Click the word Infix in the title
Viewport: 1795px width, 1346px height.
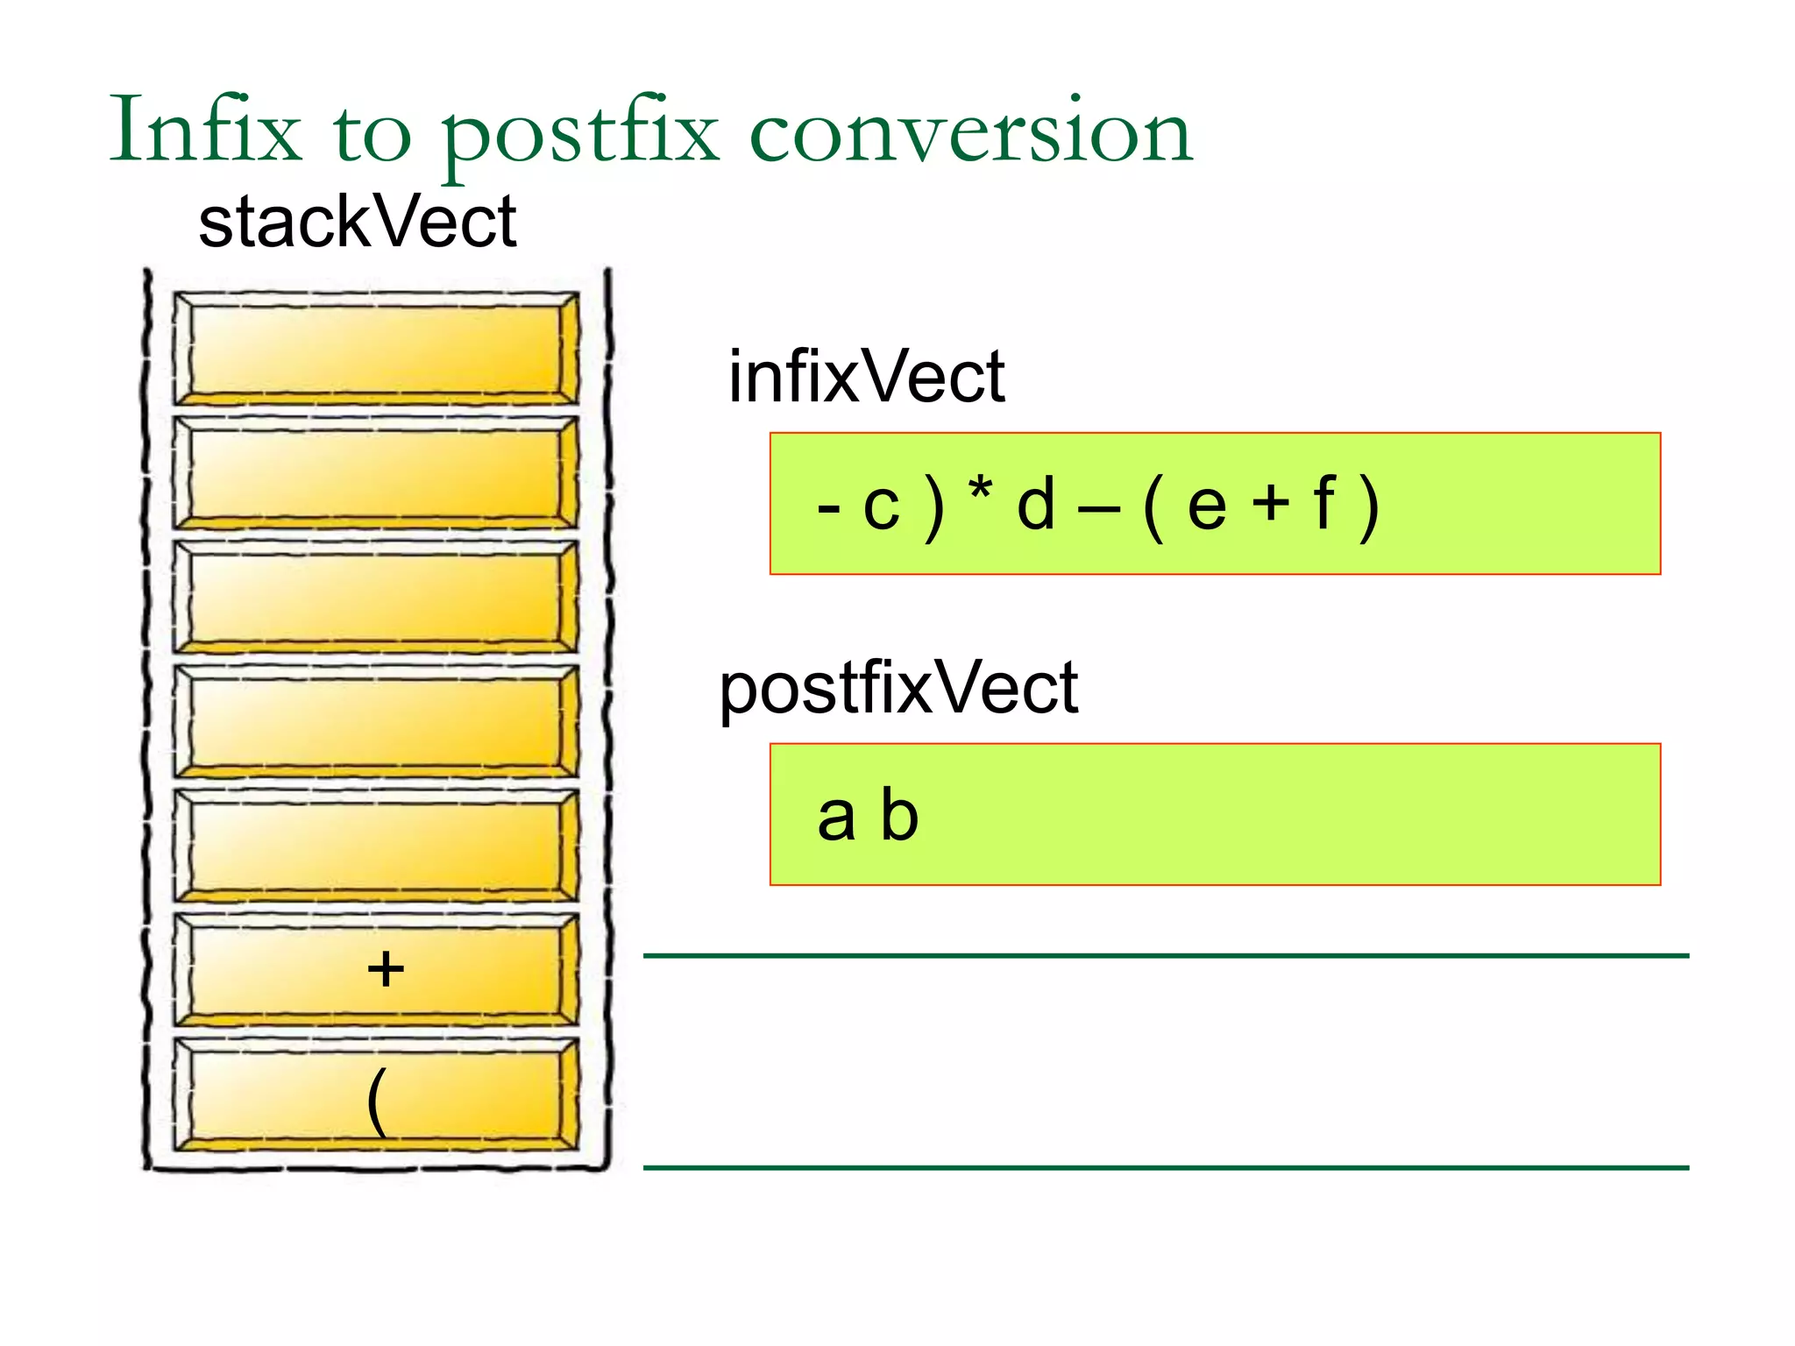pos(205,131)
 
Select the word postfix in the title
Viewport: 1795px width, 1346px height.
pos(578,136)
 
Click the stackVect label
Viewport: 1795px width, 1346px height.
pos(357,223)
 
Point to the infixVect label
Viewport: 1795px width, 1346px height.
pos(866,377)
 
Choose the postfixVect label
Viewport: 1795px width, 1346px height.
pos(898,689)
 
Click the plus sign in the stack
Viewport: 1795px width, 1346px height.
pos(386,969)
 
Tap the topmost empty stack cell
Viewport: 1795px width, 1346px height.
pos(375,349)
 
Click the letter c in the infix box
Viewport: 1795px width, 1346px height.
pos(881,507)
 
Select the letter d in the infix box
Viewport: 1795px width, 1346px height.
pos(1035,505)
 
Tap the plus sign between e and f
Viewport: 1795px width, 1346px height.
pos(1270,506)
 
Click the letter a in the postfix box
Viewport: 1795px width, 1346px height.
pos(836,818)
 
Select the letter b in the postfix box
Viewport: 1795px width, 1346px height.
pos(899,814)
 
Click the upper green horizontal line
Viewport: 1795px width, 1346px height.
pos(1166,955)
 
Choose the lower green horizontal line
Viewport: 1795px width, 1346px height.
pos(1166,1167)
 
